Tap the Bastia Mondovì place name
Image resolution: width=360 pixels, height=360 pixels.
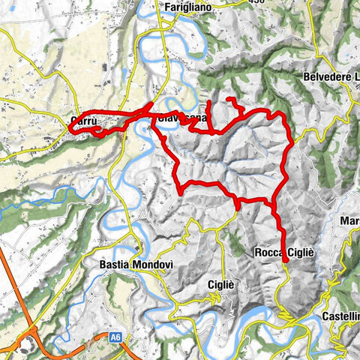[131, 264]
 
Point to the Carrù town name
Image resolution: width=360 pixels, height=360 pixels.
[82, 119]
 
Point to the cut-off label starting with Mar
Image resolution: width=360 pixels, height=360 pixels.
[349, 221]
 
